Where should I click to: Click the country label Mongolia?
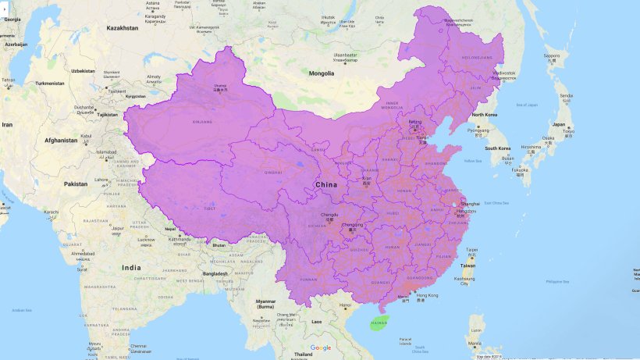321,73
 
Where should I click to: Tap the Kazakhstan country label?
123,27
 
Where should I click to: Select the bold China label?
326,184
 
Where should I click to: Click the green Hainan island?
379,323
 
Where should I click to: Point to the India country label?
132,267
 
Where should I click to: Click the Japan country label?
559,124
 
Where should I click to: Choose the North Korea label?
485,115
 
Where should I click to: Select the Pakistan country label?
76,184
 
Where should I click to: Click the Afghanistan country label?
61,141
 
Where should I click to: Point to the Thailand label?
303,354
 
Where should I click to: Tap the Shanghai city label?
471,204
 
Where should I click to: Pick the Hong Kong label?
428,295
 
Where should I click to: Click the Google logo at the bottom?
320,348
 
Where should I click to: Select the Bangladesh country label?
212,273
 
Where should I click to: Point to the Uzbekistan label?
83,70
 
